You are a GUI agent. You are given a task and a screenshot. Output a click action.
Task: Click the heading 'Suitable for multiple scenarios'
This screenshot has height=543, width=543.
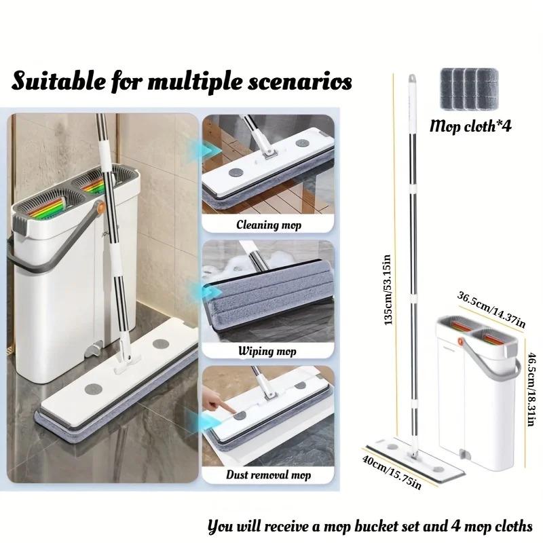click(181, 82)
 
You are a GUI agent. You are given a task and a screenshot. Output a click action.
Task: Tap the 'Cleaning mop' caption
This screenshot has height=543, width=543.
click(269, 225)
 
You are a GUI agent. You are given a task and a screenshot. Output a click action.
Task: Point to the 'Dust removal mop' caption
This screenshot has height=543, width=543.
click(269, 475)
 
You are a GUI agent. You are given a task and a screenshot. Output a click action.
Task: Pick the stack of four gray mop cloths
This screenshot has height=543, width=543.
click(466, 89)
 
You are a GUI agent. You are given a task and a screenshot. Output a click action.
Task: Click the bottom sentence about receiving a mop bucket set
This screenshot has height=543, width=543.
click(371, 525)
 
